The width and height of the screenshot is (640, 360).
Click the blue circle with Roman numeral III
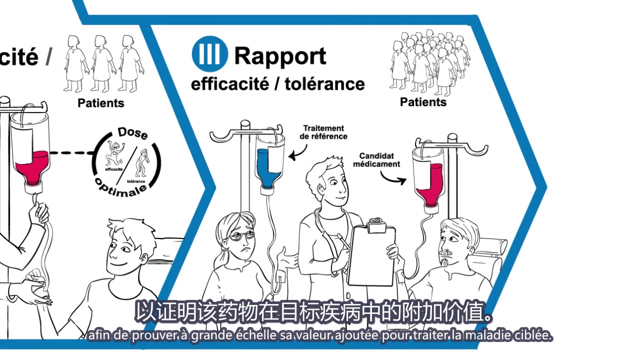209,54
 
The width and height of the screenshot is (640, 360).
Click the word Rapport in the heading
280,55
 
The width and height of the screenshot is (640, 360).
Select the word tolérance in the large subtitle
324,83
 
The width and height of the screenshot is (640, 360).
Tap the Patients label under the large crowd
423,102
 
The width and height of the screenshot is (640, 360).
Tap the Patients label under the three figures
100,103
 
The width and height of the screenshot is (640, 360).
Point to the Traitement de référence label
324,132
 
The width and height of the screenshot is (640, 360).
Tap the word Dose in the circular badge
132,133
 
